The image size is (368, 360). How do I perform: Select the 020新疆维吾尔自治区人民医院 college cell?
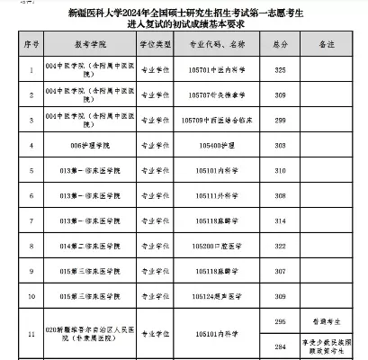(x=89, y=334)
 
